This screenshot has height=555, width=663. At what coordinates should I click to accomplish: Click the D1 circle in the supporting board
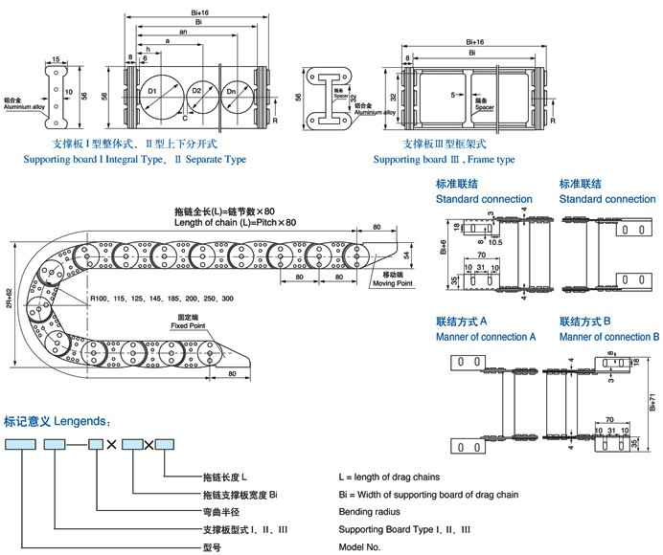(156, 94)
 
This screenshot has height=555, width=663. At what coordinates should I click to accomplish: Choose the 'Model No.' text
(360, 546)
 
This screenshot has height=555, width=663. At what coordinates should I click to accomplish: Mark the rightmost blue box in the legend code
(165, 444)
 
